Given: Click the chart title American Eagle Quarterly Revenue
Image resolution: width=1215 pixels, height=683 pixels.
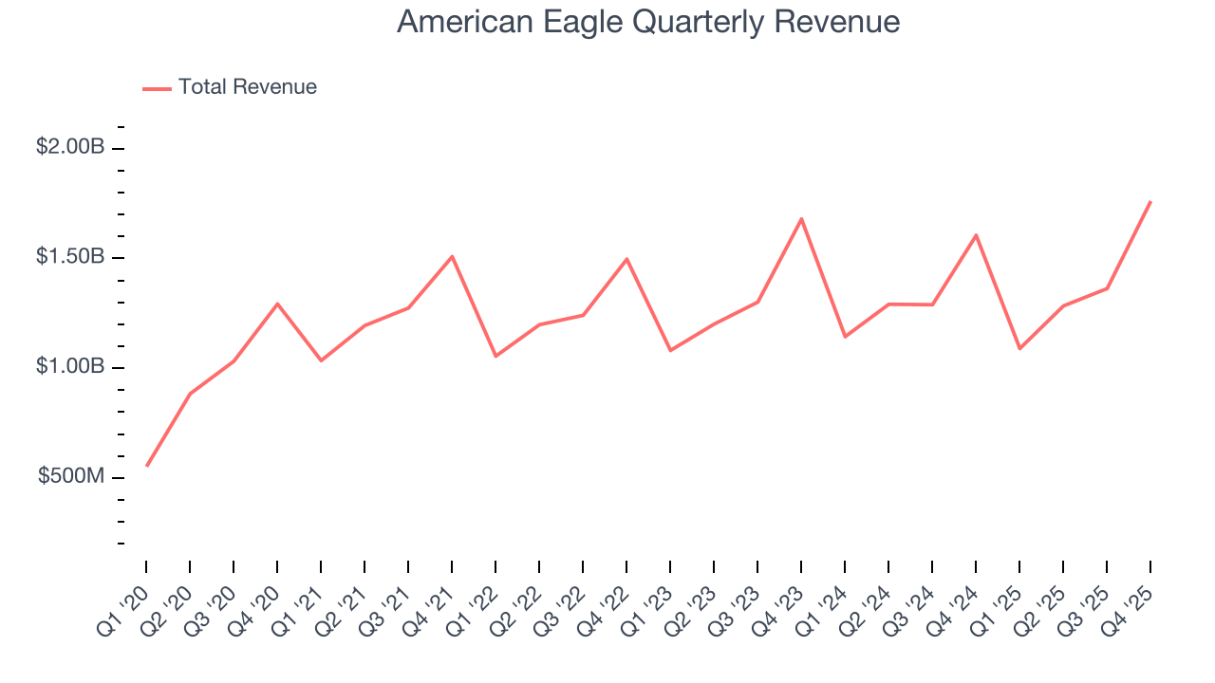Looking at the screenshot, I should tap(648, 21).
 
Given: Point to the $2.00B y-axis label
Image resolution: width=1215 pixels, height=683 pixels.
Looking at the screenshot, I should tap(70, 147).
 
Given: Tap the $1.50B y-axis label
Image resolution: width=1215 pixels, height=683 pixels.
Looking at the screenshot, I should tap(70, 257).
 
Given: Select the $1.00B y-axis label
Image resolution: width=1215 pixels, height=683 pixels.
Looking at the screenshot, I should tap(70, 366).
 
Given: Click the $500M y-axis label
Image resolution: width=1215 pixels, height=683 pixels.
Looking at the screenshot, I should tap(71, 476).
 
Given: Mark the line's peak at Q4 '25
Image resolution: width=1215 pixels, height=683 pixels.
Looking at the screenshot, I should tap(1150, 201).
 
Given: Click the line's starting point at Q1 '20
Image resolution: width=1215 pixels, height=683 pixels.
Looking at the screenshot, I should tap(146, 466).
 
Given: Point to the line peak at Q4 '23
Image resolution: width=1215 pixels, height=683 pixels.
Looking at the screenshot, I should tap(801, 219).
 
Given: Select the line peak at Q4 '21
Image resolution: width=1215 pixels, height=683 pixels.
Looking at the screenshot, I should tap(452, 256).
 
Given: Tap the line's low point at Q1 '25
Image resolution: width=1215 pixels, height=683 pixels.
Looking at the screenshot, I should tap(1019, 348).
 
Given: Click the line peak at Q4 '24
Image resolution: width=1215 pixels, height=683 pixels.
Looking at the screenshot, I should tap(976, 235).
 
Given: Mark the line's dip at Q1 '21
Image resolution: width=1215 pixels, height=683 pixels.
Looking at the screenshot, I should tap(321, 360).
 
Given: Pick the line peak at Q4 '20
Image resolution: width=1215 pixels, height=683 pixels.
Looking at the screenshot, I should tap(277, 304).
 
